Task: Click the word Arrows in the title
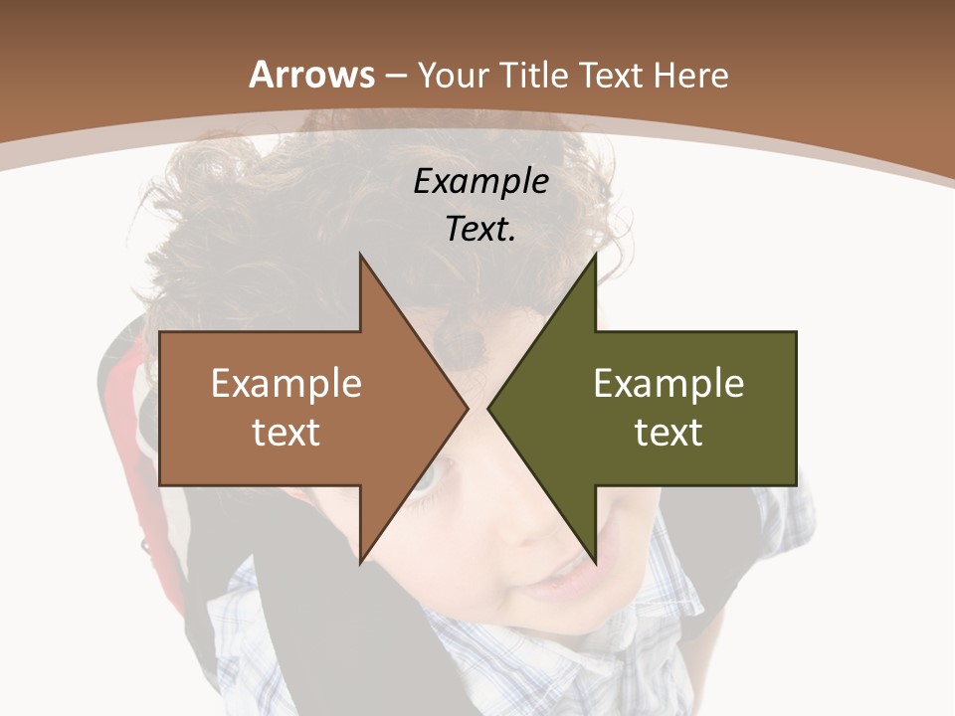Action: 312,75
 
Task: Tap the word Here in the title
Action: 690,75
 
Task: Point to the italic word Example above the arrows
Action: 481,182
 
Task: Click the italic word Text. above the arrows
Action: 481,229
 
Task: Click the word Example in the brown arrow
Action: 286,384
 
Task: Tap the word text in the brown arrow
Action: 286,432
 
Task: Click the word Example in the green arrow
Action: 668,384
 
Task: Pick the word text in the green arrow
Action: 668,432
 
